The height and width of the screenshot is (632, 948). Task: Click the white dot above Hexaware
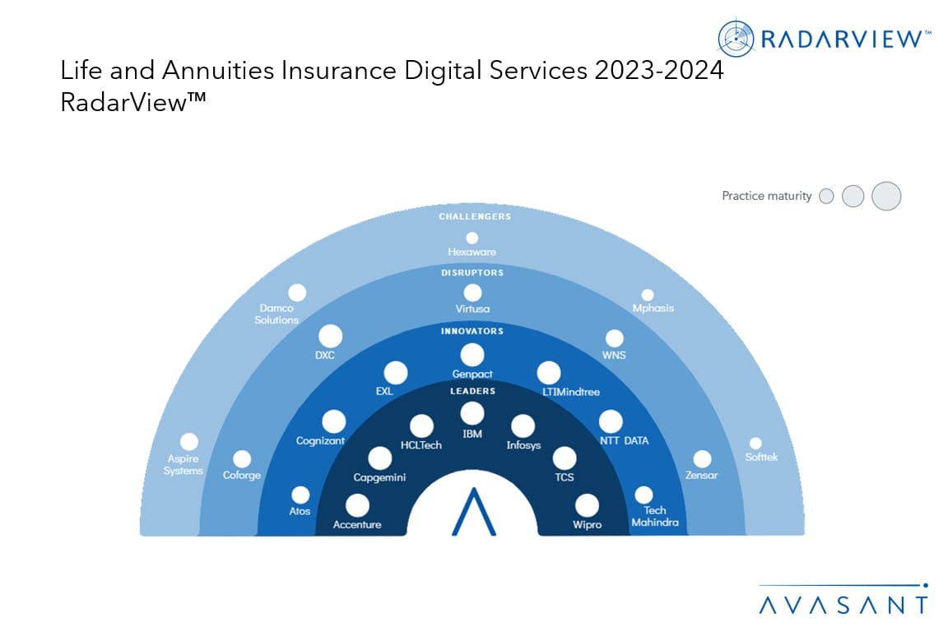[472, 239]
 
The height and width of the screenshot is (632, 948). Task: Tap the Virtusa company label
[473, 309]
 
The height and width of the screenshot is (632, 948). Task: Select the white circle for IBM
[472, 414]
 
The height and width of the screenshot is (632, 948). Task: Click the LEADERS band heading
[473, 391]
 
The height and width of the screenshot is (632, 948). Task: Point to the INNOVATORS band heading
[472, 332]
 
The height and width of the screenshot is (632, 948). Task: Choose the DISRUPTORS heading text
[472, 272]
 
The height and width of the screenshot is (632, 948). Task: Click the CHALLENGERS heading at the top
[475, 216]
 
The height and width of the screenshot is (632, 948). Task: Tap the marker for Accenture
[357, 505]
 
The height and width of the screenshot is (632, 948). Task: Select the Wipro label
[587, 524]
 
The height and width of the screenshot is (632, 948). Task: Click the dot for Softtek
[755, 444]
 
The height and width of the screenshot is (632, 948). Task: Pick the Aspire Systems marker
[189, 441]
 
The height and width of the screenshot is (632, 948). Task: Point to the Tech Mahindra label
[655, 516]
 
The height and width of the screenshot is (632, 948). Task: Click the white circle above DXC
[330, 337]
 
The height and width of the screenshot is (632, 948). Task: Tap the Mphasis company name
[653, 308]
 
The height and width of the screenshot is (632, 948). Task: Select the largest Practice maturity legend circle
[886, 196]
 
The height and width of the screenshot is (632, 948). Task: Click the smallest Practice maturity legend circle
[826, 196]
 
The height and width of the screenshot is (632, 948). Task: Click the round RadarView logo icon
[736, 38]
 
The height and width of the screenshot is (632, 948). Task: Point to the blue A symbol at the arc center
[474, 511]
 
